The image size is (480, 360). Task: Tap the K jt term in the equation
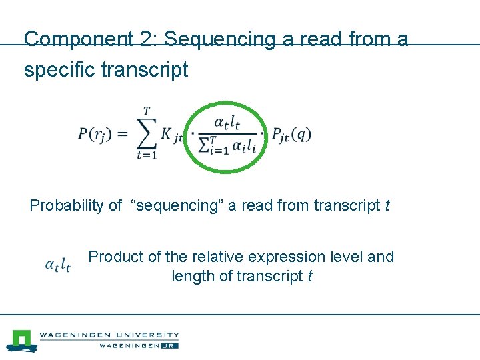pos(171,135)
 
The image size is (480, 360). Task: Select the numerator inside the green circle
pos(227,122)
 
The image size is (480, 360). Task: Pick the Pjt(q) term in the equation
pos(291,134)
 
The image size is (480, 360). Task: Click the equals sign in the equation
pos(121,134)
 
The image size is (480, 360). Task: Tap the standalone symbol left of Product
pos(58,265)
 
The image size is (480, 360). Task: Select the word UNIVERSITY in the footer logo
pos(146,335)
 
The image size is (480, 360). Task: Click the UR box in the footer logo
pos(171,345)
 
